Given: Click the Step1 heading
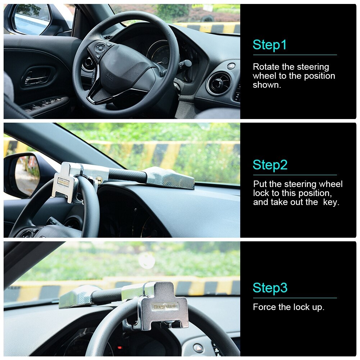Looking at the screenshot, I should [x=270, y=45].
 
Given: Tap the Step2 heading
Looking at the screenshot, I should [x=270, y=165].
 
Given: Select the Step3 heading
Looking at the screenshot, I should [x=270, y=288].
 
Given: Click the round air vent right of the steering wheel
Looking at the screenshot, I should [x=219, y=83].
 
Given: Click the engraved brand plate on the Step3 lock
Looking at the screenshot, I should [x=165, y=306].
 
